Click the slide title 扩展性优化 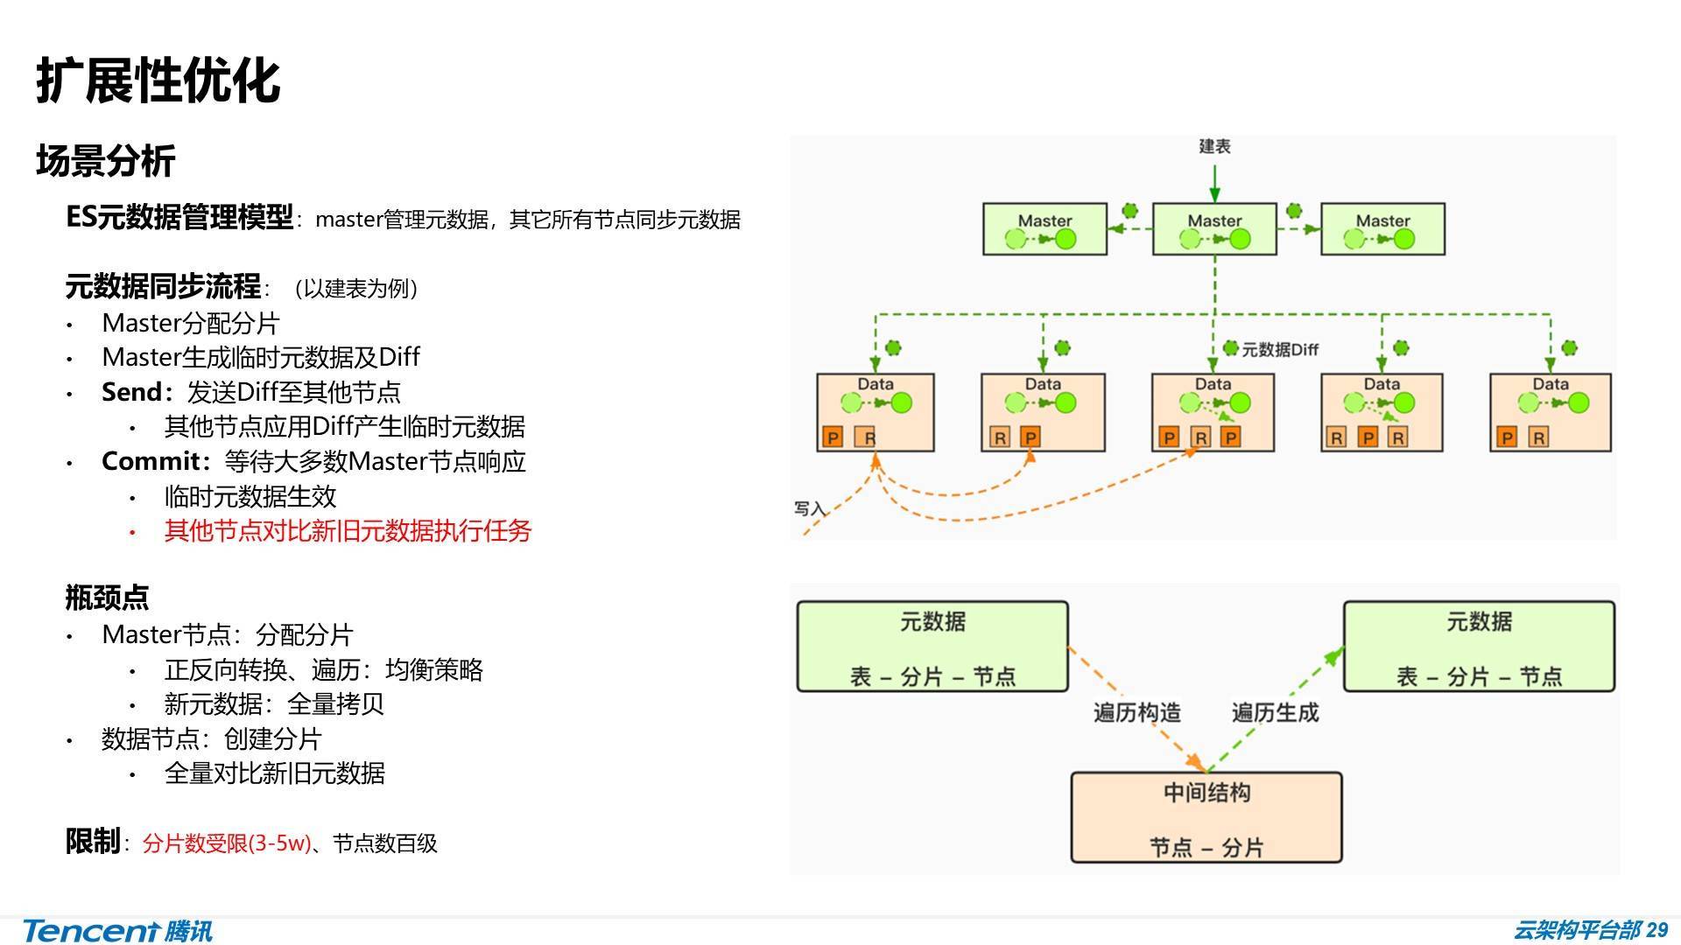click(158, 81)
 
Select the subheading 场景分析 click(105, 161)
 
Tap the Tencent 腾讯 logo click(117, 930)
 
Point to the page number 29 click(1656, 929)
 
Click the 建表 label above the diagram click(1214, 146)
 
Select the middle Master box click(1213, 229)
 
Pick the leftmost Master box click(1044, 229)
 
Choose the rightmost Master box click(1382, 229)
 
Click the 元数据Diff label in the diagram click(1279, 350)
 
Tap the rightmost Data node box click(1550, 412)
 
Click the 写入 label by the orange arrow click(809, 508)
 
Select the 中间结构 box click(1206, 817)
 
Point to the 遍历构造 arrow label click(1136, 713)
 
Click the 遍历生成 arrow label click(1275, 713)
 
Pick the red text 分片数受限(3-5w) click(226, 843)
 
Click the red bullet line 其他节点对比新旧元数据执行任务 click(348, 531)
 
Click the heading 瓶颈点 click(107, 598)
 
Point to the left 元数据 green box click(932, 647)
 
